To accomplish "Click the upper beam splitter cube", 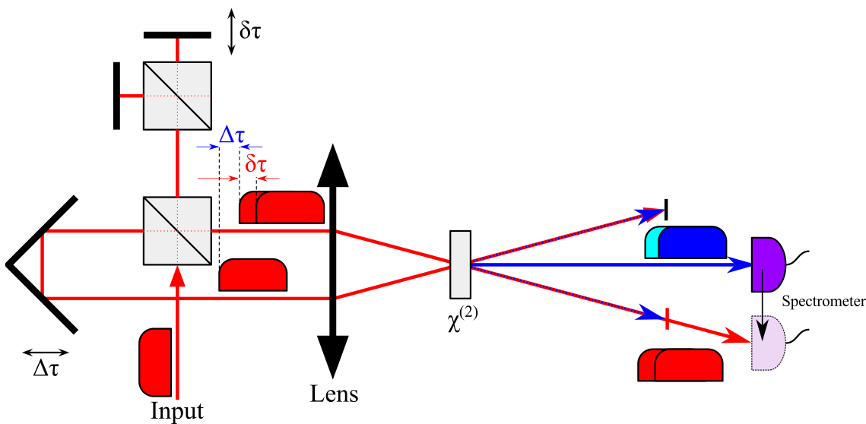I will click(177, 96).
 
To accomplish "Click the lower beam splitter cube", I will click(177, 231).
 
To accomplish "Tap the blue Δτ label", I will click(232, 136).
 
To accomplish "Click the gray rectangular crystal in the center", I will click(460, 264).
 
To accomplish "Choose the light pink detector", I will click(768, 343).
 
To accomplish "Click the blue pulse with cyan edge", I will click(686, 242).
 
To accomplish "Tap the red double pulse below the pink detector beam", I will click(680, 365).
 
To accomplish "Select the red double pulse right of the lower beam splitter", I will click(282, 207).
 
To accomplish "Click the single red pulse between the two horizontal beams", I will click(253, 274).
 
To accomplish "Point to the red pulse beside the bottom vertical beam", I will click(156, 362).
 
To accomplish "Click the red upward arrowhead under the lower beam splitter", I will click(177, 277).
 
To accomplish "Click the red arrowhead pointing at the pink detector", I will click(736, 335).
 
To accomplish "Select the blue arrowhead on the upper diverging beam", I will click(650, 214).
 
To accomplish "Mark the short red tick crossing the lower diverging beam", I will click(667, 319).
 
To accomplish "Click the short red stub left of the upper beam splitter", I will click(132, 96).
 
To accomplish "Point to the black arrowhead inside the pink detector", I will click(763, 330).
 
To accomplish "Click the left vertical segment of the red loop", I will click(43, 264).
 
